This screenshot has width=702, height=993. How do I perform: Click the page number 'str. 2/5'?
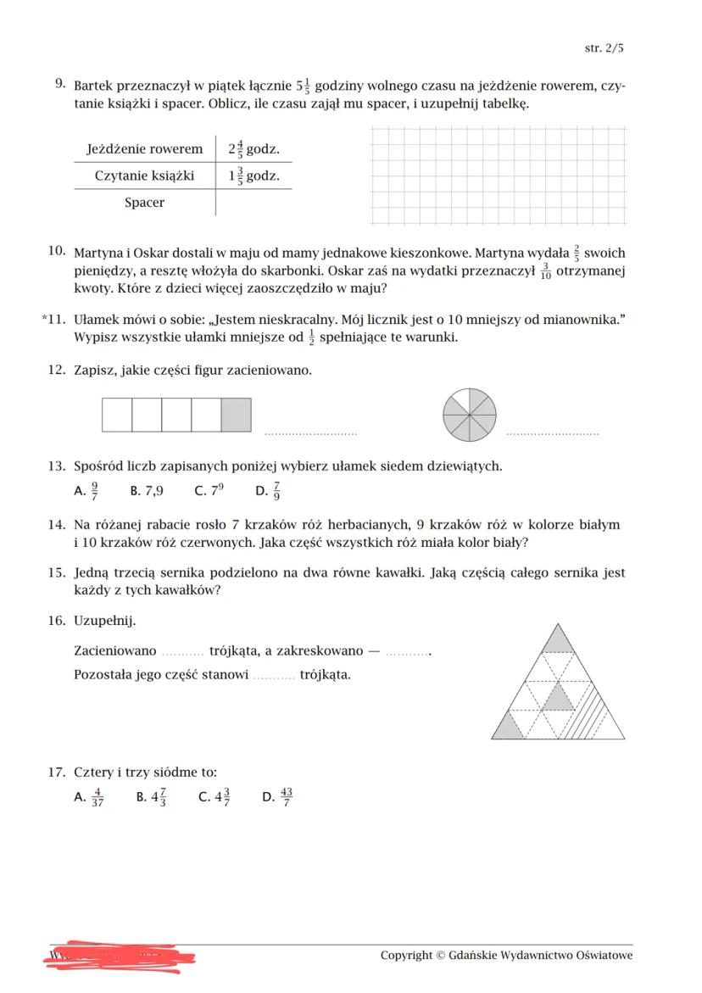point(604,48)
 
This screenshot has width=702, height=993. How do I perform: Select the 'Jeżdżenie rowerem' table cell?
point(144,149)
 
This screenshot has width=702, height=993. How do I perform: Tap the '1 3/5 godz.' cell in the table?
point(253,176)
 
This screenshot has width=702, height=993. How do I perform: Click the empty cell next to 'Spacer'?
point(253,203)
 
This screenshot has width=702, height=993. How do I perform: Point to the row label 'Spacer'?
point(144,203)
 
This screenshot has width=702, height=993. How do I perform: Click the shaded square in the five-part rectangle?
point(236,416)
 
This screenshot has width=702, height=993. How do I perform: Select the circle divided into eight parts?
point(470,416)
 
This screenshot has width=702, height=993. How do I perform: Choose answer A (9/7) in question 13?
point(87,490)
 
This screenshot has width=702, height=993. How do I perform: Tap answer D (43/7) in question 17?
point(278,796)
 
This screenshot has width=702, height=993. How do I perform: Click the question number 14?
point(57,525)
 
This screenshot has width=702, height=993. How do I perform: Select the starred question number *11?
point(53,319)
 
